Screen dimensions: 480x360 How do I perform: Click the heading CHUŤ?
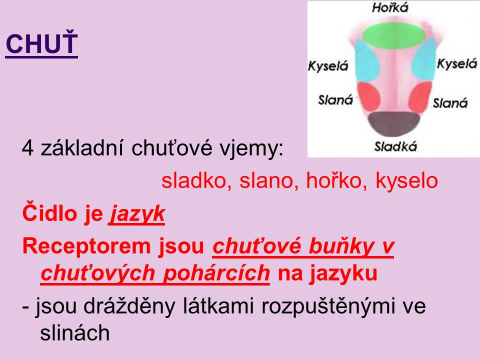[x=41, y=43]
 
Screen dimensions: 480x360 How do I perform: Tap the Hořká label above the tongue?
[x=390, y=7]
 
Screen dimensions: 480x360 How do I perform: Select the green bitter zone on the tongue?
[x=393, y=35]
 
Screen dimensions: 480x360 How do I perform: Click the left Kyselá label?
[x=328, y=66]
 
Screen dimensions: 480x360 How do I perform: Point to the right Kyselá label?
[x=457, y=63]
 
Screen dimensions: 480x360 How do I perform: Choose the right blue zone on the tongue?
[x=423, y=59]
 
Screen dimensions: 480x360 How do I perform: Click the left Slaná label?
[x=335, y=100]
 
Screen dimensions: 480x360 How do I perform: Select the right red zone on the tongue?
[x=419, y=96]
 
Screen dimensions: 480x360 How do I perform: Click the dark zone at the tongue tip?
[x=393, y=124]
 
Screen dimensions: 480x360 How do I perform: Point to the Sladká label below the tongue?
[x=395, y=146]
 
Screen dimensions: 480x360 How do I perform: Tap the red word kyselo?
[x=407, y=181]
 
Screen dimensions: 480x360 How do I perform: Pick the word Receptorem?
[x=82, y=246]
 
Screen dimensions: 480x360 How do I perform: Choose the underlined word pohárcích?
[x=216, y=273]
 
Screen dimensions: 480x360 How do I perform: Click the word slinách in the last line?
[x=74, y=333]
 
